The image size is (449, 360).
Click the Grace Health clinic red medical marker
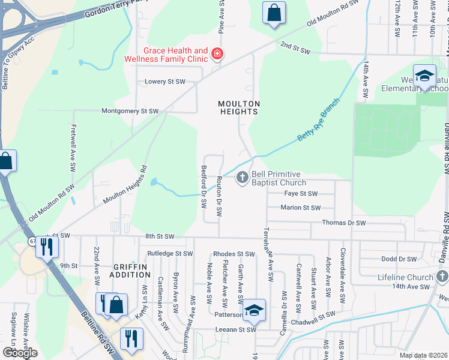click(x=217, y=55)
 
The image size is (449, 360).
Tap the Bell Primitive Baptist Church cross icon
click(x=243, y=177)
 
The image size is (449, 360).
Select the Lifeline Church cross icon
click(x=442, y=277)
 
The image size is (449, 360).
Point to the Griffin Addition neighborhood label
click(x=131, y=270)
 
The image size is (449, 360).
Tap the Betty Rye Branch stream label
click(x=318, y=121)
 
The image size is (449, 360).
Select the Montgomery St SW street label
click(x=130, y=111)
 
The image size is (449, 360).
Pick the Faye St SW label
click(x=300, y=194)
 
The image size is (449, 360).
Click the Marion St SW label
click(x=301, y=208)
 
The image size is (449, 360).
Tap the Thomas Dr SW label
click(x=343, y=223)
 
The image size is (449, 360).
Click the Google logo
click(x=20, y=352)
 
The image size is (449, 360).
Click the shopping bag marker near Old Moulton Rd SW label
click(x=274, y=13)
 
